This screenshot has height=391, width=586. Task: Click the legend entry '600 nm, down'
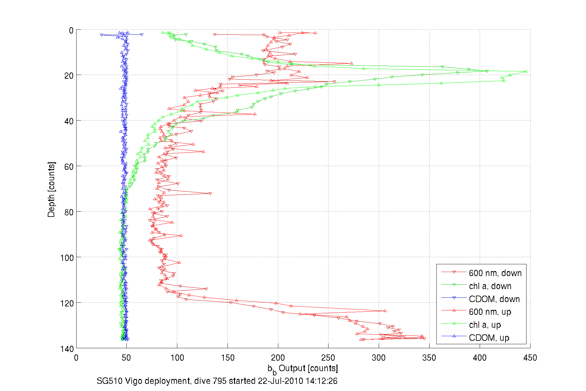point(495,273)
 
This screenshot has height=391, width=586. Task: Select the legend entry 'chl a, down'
point(490,286)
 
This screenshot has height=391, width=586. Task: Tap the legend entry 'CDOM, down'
point(494,299)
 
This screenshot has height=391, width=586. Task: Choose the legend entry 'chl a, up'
point(485,325)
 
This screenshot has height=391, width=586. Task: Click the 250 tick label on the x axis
point(328,358)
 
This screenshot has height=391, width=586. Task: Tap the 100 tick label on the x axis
point(177,358)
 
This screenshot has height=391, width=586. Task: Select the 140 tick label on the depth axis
point(67,349)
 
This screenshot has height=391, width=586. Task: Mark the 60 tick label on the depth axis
point(69,167)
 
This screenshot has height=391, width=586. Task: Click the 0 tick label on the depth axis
point(71,30)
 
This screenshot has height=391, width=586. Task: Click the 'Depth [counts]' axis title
point(51,189)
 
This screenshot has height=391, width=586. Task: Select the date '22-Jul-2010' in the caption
point(280,381)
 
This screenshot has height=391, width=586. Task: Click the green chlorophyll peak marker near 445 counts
point(526,71)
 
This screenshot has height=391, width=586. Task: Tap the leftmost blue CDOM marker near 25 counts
point(101,35)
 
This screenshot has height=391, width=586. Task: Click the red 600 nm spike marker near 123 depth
point(385,310)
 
